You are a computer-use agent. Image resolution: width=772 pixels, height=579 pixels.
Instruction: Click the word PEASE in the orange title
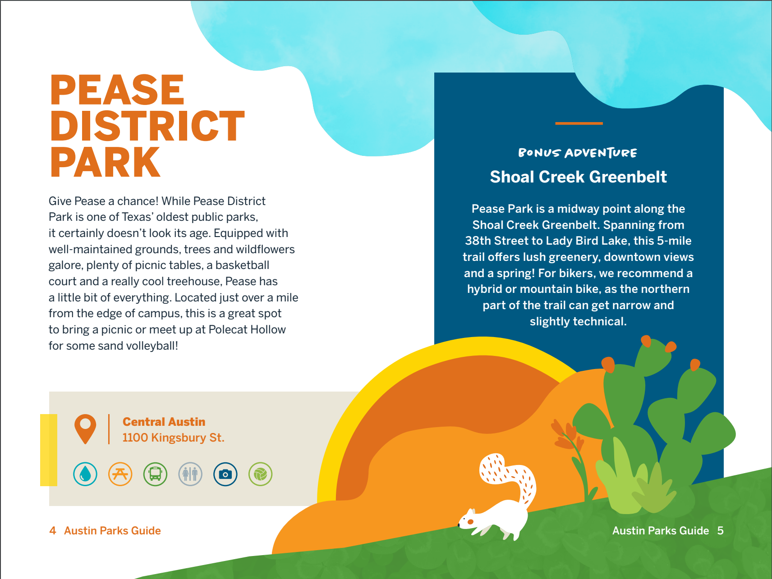pyautogui.click(x=117, y=90)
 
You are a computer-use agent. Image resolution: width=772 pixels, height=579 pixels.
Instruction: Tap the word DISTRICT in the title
pyautogui.click(x=147, y=126)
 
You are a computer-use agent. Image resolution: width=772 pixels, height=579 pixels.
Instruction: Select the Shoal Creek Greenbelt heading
pyautogui.click(x=578, y=177)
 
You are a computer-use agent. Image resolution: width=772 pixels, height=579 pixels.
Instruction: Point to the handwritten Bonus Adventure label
pyautogui.click(x=578, y=153)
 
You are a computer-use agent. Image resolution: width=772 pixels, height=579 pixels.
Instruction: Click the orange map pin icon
pyautogui.click(x=85, y=428)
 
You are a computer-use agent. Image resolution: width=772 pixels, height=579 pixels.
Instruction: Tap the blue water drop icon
pyautogui.click(x=85, y=474)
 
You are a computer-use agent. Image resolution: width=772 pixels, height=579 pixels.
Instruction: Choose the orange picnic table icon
pyautogui.click(x=120, y=474)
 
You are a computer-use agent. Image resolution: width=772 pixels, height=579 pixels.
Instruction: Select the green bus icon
pyautogui.click(x=155, y=474)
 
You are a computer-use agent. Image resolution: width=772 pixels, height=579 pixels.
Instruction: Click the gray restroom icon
pyautogui.click(x=190, y=474)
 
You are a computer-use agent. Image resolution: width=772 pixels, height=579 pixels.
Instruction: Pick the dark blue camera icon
pyautogui.click(x=225, y=474)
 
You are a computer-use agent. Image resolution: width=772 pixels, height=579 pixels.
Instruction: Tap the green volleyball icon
pyautogui.click(x=261, y=474)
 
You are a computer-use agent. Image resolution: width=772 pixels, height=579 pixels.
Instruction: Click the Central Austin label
pyautogui.click(x=164, y=422)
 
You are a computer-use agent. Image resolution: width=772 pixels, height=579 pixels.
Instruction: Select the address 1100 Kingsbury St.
pyautogui.click(x=173, y=438)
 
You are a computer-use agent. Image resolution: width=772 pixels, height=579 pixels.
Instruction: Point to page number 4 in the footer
pyautogui.click(x=53, y=530)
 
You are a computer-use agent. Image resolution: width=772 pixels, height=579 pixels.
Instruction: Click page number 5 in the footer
pyautogui.click(x=720, y=530)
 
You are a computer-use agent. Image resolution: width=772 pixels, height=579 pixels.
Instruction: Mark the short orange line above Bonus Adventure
pyautogui.click(x=579, y=123)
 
